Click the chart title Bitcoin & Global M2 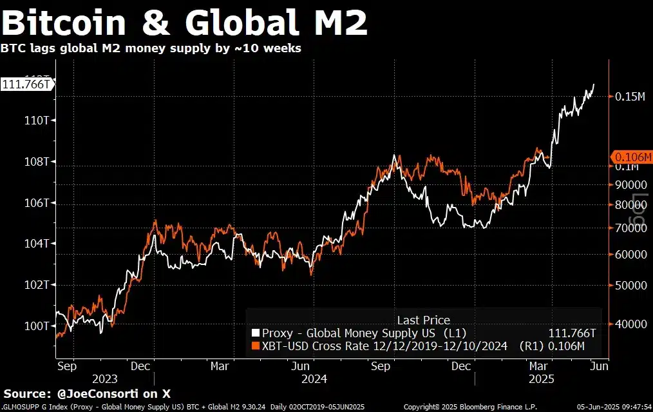[x=185, y=24]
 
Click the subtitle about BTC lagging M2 [x=151, y=48]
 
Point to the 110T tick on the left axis [x=37, y=121]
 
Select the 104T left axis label [x=37, y=244]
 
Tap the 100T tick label [x=37, y=326]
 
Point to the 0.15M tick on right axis [x=629, y=97]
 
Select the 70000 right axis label [x=628, y=228]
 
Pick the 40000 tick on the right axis [x=628, y=324]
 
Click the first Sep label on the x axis [x=66, y=366]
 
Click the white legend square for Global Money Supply [x=256, y=333]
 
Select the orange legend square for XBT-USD [x=256, y=347]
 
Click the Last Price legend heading [x=423, y=320]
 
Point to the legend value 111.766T [x=572, y=333]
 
